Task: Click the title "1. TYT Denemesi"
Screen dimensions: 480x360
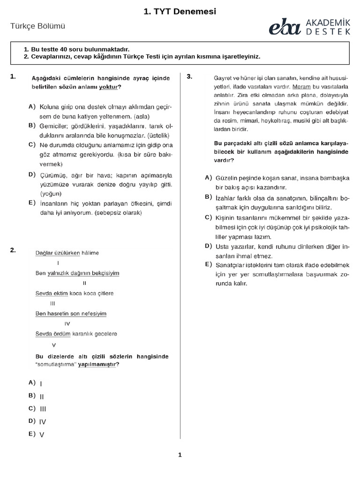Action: pyautogui.click(x=180, y=12)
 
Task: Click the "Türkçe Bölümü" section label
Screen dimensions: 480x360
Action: pyautogui.click(x=37, y=27)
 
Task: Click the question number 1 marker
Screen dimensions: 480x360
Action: pyautogui.click(x=13, y=76)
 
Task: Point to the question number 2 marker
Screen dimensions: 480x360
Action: pyautogui.click(x=13, y=250)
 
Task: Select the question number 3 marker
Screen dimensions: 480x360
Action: pyautogui.click(x=190, y=76)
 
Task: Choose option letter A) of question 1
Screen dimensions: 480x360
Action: pyautogui.click(x=32, y=107)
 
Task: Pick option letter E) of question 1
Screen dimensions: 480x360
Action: pyautogui.click(x=32, y=203)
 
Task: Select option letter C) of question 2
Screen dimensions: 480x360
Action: pyautogui.click(x=32, y=408)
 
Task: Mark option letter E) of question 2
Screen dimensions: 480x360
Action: pyautogui.click(x=32, y=434)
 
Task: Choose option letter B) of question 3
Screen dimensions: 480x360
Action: pyautogui.click(x=209, y=197)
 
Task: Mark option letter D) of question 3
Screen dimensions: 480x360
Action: pyautogui.click(x=209, y=246)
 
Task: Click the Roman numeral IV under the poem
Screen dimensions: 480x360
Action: pyautogui.click(x=67, y=323)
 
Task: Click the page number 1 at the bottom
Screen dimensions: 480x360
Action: pyautogui.click(x=180, y=454)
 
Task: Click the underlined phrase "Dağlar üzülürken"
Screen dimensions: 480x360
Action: pyautogui.click(x=58, y=253)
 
